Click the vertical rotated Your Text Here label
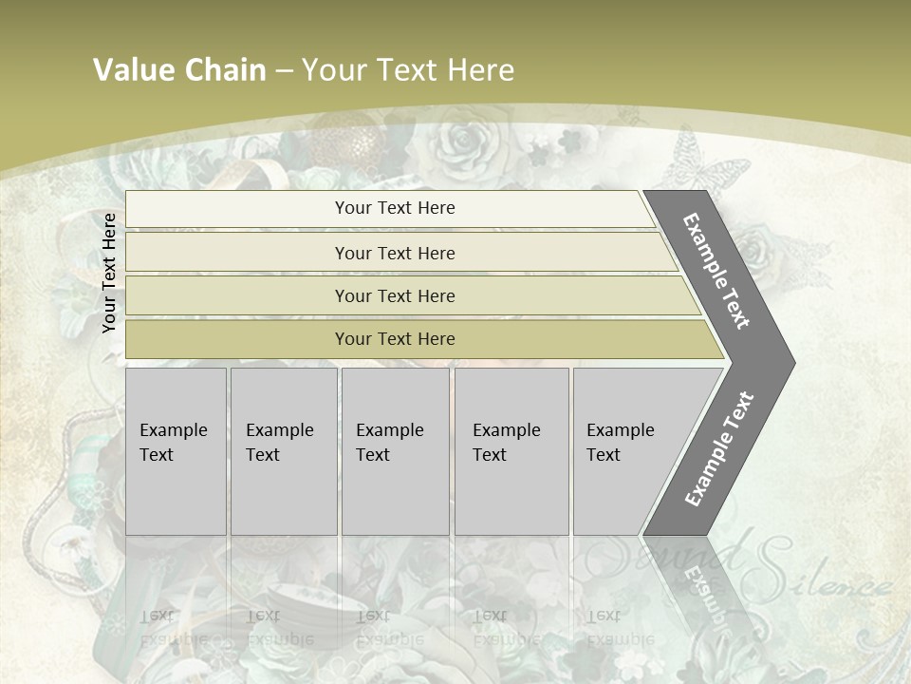[x=109, y=273]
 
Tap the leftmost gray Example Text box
[x=176, y=451]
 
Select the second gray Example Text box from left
[x=284, y=451]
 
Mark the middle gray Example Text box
[x=395, y=451]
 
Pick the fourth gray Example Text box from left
[x=511, y=451]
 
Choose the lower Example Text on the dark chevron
[x=718, y=449]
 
